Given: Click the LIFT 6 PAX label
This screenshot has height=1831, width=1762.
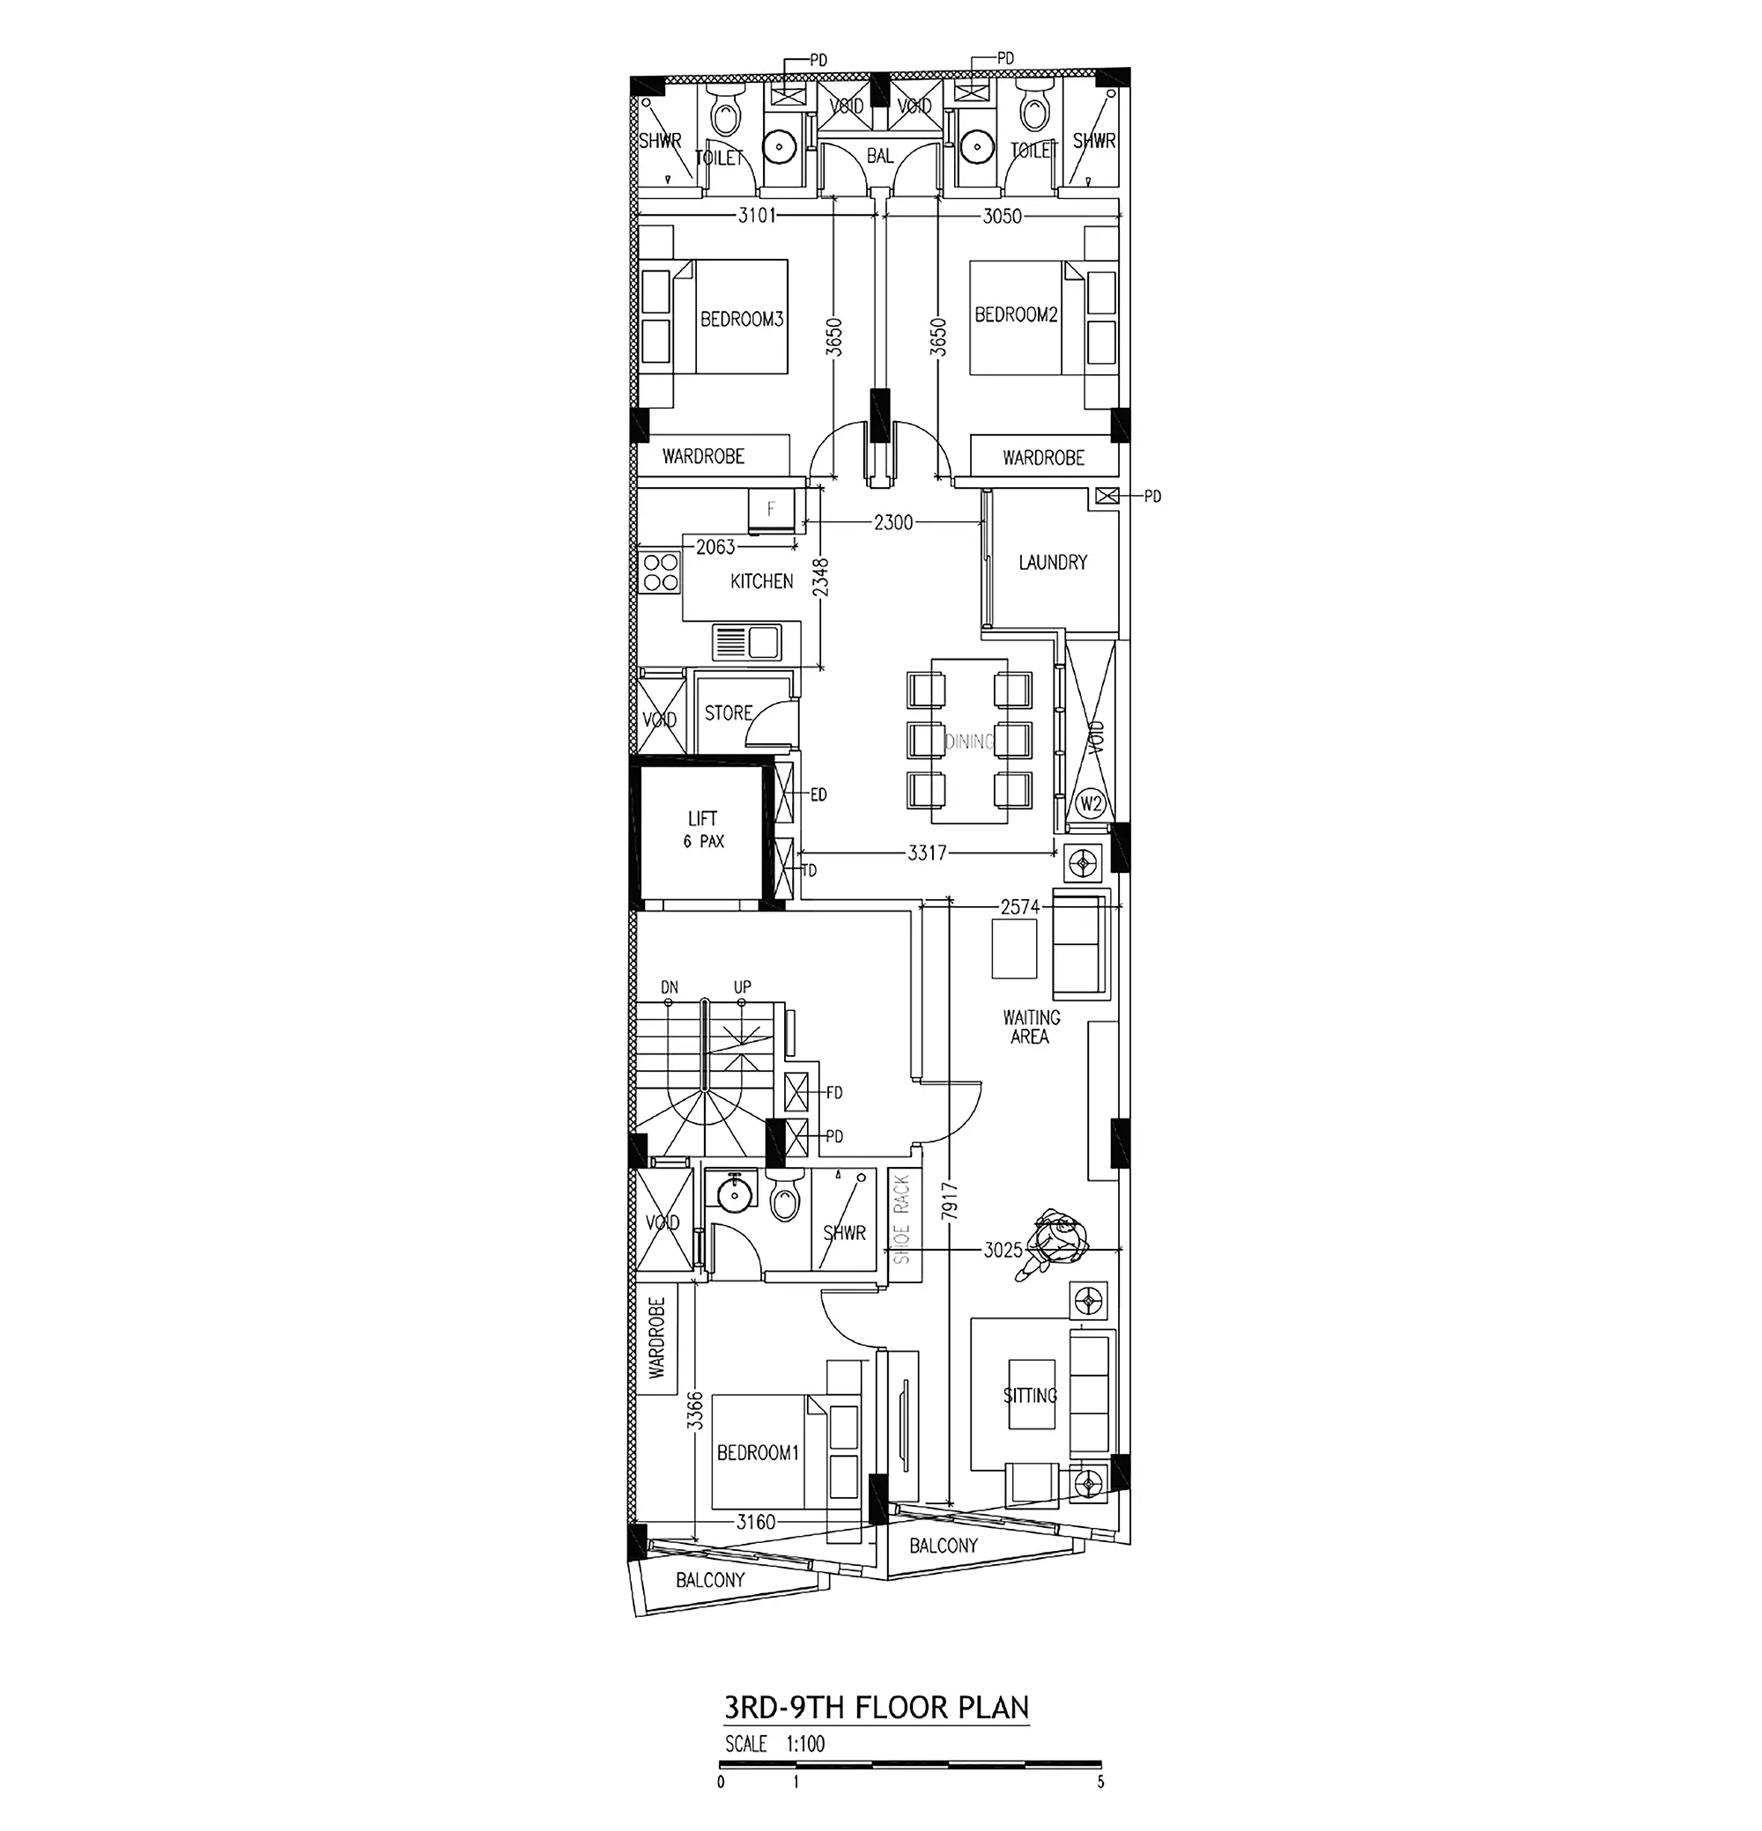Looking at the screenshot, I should point(702,829).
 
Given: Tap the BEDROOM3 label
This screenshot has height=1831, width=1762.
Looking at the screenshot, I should point(741,320).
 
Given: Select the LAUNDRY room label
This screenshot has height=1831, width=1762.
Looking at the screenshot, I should point(1053,563).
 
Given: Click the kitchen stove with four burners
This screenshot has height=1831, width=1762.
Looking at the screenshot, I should point(660,572).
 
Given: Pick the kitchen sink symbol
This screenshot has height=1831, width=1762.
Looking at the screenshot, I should point(745,643).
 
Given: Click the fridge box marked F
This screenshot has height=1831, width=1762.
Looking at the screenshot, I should point(771,510).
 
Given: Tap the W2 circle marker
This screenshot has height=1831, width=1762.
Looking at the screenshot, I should point(1092,803).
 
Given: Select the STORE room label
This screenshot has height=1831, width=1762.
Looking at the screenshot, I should point(728,713).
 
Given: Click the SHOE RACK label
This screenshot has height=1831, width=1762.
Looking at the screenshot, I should point(901,1219).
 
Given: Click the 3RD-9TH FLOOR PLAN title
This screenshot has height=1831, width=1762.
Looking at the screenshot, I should point(877,1709).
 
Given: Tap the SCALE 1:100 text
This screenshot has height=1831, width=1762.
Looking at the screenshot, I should point(774,1744).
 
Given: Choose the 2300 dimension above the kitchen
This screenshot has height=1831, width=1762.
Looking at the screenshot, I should point(893,523).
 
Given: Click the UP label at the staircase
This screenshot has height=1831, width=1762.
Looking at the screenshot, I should point(742,987).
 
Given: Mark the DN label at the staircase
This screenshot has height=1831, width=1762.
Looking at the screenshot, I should point(669,987).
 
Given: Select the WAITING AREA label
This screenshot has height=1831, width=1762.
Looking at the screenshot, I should point(1031,1027).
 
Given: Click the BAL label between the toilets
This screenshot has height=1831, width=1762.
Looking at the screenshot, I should point(879,156).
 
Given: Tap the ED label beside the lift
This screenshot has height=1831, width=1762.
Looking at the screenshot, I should point(818,795).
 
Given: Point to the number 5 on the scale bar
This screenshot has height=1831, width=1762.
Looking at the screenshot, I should point(1099,1783).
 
